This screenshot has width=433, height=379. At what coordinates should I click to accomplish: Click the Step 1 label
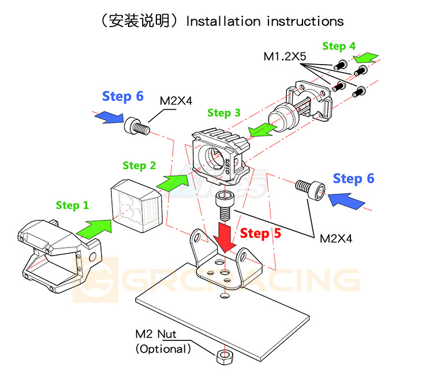pos(72,205)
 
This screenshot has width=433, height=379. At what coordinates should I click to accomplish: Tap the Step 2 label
pos(139,166)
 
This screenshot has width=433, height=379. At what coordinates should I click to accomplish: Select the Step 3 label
pos(223,113)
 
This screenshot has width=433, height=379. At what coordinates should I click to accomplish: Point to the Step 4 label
pos(338,46)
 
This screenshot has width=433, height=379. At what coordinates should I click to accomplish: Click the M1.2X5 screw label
pos(285,57)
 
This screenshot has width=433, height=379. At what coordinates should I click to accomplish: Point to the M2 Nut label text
pos(156,334)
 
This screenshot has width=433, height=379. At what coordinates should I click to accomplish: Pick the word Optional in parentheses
pos(163,348)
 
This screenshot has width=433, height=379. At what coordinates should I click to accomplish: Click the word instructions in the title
pos(305,21)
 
